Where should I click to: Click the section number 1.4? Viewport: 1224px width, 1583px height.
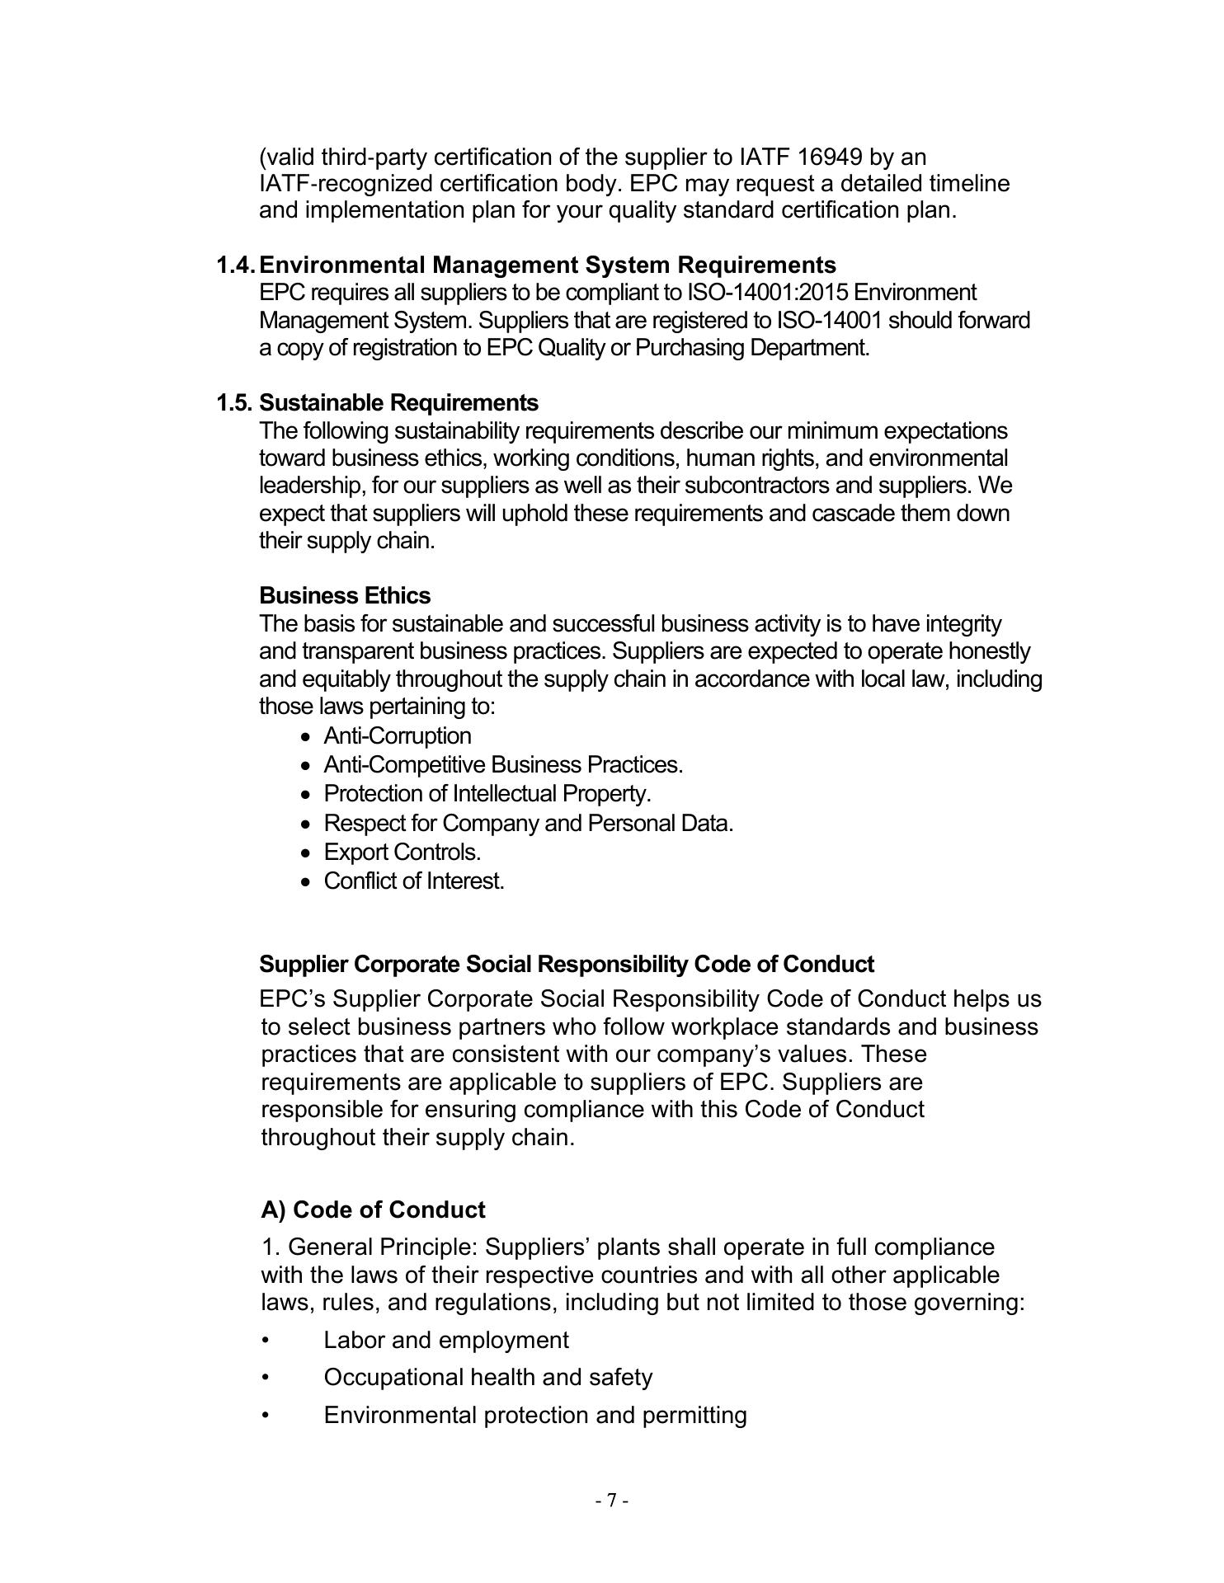click(236, 265)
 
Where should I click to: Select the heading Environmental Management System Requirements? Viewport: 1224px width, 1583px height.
click(547, 265)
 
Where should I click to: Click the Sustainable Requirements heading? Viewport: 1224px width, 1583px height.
click(398, 403)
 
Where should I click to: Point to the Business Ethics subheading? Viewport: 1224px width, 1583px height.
click(344, 596)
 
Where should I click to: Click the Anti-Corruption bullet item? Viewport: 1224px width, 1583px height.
click(398, 736)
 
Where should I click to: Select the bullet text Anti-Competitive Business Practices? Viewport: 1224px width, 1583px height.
click(503, 765)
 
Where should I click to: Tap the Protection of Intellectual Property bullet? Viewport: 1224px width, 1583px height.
click(487, 794)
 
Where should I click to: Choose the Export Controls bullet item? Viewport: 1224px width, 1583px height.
click(402, 853)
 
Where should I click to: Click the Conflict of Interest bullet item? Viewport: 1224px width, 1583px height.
click(413, 881)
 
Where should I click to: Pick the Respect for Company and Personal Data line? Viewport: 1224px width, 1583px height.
click(528, 824)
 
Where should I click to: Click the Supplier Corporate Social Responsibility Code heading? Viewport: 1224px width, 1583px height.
click(566, 965)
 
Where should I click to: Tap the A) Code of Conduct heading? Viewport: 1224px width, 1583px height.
click(373, 1210)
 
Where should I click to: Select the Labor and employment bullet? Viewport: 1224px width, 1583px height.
click(445, 1341)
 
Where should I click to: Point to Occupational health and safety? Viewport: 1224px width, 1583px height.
click(487, 1378)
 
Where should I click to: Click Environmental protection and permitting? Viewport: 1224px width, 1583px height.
click(534, 1416)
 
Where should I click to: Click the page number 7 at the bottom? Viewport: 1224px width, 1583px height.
click(612, 1501)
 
